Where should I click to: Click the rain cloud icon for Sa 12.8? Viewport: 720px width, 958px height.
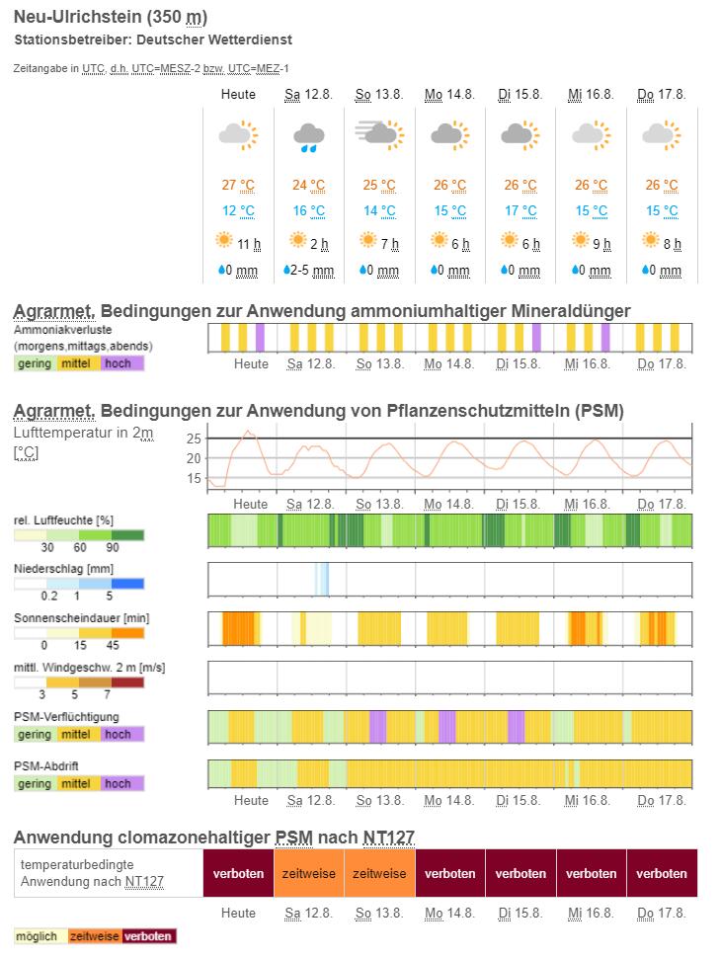click(308, 136)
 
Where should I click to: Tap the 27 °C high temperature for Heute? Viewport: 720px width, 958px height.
click(238, 185)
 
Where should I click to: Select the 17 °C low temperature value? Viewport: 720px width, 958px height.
click(520, 210)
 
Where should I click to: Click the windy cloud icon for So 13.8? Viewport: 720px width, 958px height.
click(379, 134)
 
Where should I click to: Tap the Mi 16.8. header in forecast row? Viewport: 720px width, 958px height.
click(591, 94)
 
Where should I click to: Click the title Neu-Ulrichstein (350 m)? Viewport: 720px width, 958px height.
click(111, 18)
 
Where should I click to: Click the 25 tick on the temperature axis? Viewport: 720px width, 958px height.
click(194, 438)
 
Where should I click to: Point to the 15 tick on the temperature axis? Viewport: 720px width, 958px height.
click(194, 478)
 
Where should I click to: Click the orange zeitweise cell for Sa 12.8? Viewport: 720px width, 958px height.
click(309, 873)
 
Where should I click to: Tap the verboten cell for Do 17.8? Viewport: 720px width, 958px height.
click(662, 873)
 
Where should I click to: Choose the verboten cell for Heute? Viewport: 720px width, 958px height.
click(238, 873)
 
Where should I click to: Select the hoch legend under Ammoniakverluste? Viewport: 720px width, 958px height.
click(118, 362)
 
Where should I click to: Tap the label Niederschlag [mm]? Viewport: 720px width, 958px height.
click(63, 569)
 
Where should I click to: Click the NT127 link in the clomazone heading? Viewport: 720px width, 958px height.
click(388, 838)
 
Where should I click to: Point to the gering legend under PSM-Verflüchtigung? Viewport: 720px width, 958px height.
click(35, 734)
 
